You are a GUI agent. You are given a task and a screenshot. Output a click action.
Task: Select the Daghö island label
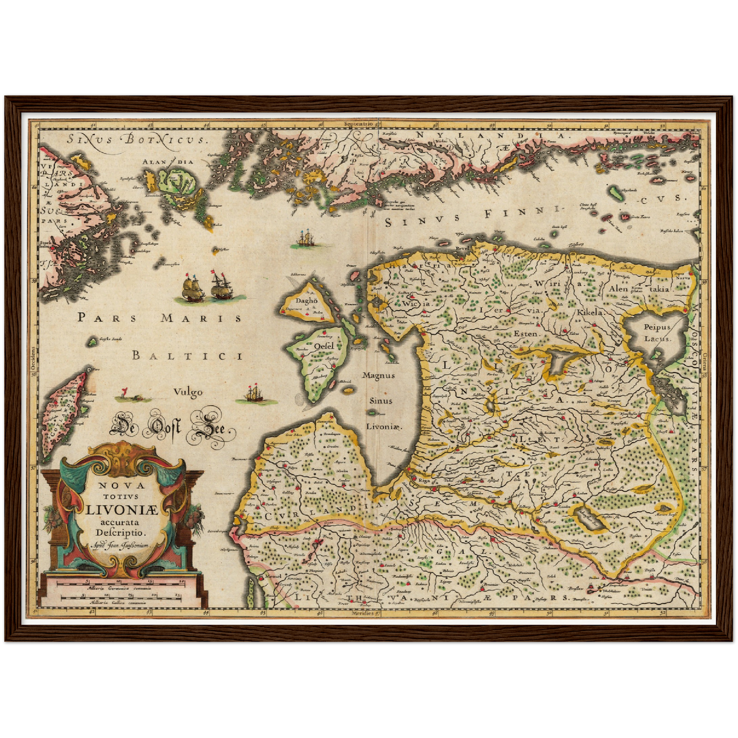[306, 301]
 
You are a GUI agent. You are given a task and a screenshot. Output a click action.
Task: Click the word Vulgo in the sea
[187, 392]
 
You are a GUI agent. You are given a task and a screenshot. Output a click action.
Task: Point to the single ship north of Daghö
[305, 239]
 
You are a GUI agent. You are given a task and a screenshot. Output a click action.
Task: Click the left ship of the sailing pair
[193, 289]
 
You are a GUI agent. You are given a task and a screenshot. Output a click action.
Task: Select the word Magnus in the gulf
[378, 375]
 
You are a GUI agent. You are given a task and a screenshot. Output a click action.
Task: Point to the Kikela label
[590, 312]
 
